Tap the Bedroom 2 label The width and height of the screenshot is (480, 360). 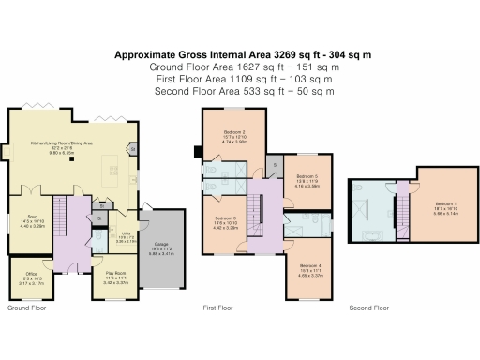coord(235,133)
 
